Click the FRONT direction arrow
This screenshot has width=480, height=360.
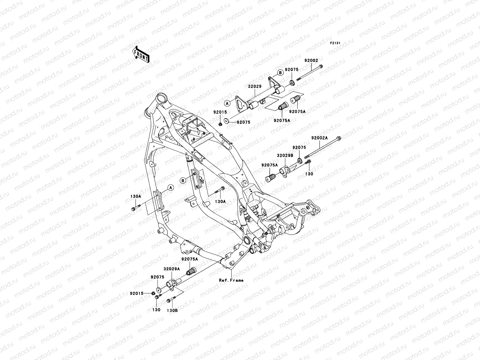pos(145,54)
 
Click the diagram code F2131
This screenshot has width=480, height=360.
pos(335,43)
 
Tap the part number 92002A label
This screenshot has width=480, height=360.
pos(319,138)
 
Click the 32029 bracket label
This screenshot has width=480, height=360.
pos(255,86)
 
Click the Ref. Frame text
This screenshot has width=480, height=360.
pos(231,280)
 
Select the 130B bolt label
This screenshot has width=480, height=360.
pos(172,310)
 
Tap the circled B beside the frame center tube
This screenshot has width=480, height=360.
pos(182,180)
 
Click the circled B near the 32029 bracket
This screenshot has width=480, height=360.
pos(280,72)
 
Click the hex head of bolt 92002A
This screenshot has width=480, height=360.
pos(339,139)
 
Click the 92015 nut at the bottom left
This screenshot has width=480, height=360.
pos(153,293)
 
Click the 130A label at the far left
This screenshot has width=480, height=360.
pos(136,196)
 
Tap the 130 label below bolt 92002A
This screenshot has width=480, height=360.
pos(309,174)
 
